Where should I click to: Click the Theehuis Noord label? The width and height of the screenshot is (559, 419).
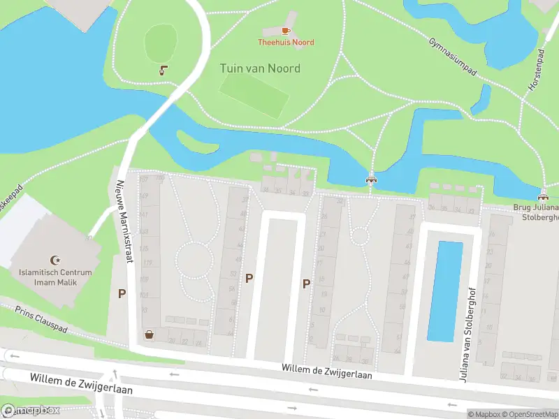click(286, 43)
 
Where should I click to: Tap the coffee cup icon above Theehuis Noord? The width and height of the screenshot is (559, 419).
click(286, 31)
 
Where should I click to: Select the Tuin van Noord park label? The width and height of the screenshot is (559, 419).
click(260, 68)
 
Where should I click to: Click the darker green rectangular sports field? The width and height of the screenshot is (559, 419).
click(254, 96)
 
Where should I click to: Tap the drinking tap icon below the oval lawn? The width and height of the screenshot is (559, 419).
click(163, 70)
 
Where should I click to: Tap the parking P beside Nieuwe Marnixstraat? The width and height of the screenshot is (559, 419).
click(122, 294)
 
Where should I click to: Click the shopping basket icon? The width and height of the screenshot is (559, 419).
click(149, 335)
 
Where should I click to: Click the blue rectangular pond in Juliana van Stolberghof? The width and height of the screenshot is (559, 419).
click(444, 291)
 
